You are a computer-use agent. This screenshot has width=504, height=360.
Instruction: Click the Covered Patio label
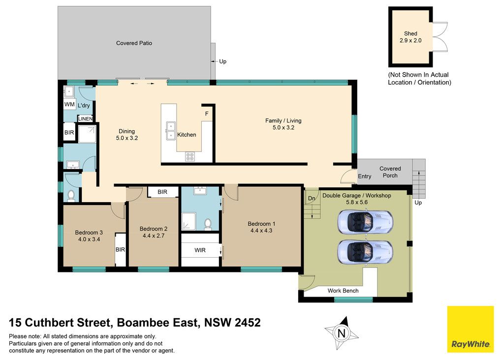click(134, 43)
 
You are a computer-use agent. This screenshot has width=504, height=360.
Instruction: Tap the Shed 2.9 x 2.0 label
click(410, 37)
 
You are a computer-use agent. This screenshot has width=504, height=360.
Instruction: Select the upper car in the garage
click(365, 221)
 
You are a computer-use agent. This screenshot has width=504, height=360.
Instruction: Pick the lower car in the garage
click(365, 251)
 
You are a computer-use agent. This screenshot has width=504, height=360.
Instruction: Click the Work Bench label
click(343, 291)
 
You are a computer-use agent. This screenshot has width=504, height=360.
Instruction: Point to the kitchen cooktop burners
click(189, 157)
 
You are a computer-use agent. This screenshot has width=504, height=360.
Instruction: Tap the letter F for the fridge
click(207, 114)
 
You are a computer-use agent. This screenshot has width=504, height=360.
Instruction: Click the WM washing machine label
click(69, 104)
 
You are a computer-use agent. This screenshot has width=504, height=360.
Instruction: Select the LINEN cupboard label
click(86, 119)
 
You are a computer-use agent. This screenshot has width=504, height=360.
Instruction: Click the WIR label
click(200, 250)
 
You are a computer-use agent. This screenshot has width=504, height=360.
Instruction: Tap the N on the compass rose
click(342, 333)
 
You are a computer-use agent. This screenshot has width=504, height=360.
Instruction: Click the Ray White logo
click(471, 329)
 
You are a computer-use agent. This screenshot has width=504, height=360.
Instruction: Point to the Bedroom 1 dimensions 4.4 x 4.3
click(261, 231)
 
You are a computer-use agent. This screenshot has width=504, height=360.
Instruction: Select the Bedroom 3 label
click(89, 233)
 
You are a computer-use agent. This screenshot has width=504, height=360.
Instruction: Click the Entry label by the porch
click(365, 176)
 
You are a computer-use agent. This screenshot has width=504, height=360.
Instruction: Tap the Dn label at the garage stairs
click(312, 198)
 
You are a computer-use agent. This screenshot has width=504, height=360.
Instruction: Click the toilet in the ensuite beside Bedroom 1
click(208, 224)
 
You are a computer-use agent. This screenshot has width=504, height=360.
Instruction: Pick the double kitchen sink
click(171, 131)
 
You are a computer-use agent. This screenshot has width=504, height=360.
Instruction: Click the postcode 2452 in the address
click(248, 323)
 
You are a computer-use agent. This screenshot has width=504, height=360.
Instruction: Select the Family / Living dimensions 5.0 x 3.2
click(283, 127)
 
